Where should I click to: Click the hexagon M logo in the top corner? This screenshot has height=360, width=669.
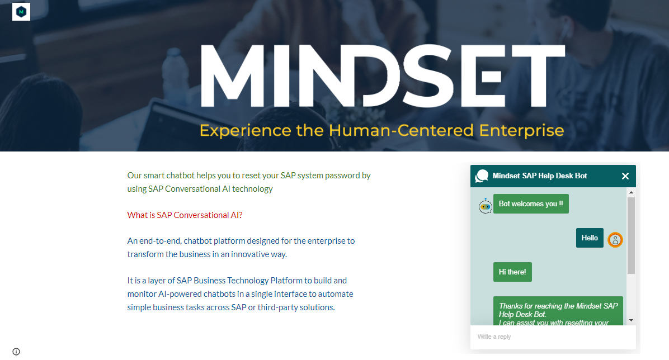[21, 12]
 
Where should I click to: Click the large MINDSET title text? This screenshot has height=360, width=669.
[382, 75]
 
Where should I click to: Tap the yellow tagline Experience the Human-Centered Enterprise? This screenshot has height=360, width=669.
[382, 130]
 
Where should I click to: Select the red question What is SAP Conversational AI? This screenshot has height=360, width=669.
[185, 215]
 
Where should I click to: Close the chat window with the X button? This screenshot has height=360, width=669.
[625, 176]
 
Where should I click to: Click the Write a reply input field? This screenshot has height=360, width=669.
[553, 337]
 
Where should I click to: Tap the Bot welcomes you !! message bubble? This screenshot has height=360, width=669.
[531, 204]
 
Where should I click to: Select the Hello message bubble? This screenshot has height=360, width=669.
[590, 238]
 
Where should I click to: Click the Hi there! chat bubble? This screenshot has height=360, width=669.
[512, 272]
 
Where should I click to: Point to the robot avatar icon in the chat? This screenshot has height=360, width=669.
[485, 206]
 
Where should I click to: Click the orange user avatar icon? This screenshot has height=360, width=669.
[615, 240]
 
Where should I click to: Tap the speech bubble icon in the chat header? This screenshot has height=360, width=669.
[482, 176]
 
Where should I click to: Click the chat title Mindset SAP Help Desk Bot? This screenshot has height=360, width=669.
[540, 176]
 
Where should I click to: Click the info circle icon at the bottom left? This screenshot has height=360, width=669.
[16, 352]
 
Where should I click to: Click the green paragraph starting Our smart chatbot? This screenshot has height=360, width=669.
[249, 182]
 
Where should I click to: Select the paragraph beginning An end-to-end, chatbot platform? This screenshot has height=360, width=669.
[241, 248]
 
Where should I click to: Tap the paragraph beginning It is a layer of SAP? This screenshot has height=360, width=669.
[240, 294]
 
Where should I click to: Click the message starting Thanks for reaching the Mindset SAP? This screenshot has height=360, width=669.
[558, 311]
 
